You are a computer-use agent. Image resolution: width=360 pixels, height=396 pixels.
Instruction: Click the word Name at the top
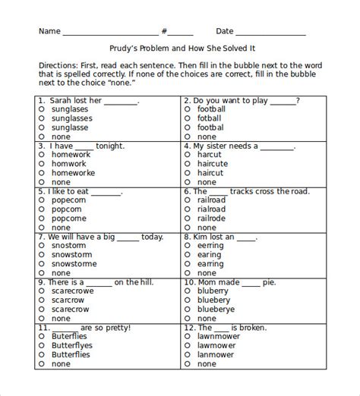(x=49, y=31)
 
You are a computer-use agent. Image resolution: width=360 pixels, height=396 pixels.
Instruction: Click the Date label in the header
(x=225, y=31)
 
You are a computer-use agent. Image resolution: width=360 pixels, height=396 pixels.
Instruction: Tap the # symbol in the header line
(x=164, y=31)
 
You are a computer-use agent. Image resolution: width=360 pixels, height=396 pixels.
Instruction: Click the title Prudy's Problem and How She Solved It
(x=179, y=48)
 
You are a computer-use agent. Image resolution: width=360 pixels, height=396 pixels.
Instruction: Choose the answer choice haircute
(x=212, y=164)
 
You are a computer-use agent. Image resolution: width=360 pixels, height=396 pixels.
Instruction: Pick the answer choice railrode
(x=212, y=218)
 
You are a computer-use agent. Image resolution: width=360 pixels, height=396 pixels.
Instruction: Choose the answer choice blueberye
(x=215, y=310)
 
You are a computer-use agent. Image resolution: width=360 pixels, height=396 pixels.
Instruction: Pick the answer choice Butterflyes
(x=77, y=345)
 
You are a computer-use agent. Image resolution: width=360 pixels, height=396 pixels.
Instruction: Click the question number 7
(x=40, y=237)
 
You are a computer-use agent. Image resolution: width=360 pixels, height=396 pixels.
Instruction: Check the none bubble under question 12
(x=187, y=363)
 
